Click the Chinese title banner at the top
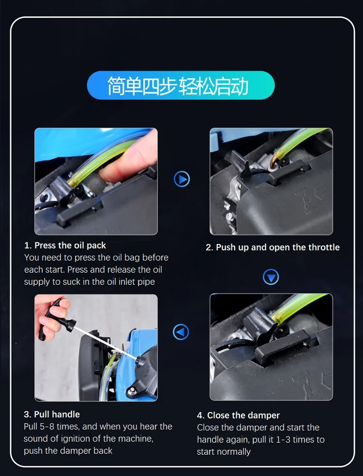181,85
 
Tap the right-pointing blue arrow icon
182,179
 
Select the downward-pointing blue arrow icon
271,277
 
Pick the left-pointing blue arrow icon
181,332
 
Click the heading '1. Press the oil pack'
65,246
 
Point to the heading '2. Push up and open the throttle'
272,247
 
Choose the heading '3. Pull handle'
52,415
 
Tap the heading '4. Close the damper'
238,415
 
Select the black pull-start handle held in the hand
55,319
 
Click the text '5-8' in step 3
47,427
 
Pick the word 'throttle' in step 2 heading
324,247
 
